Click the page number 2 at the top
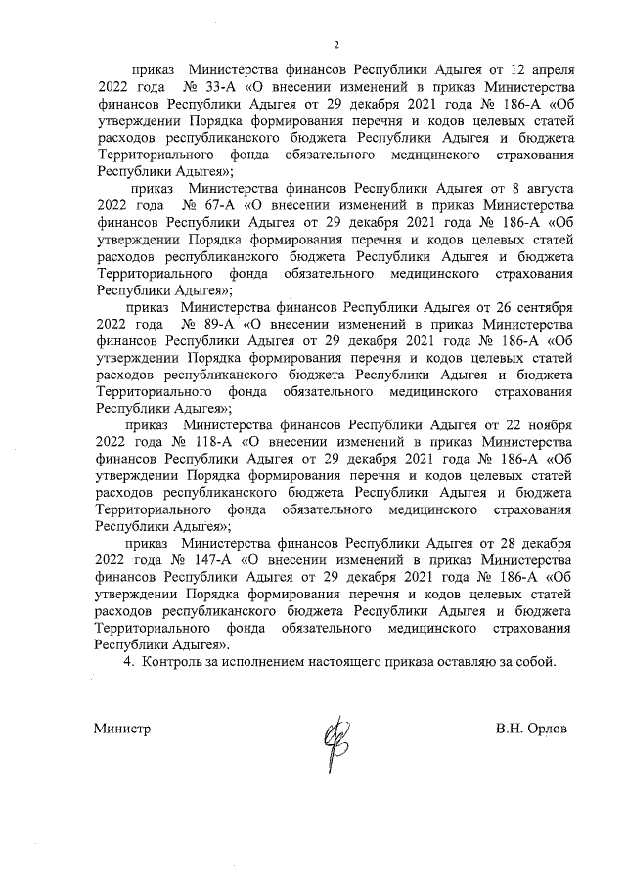click(335, 44)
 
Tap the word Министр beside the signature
click(122, 729)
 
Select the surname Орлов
click(548, 729)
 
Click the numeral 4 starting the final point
click(125, 662)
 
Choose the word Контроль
click(173, 662)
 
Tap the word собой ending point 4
click(534, 662)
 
